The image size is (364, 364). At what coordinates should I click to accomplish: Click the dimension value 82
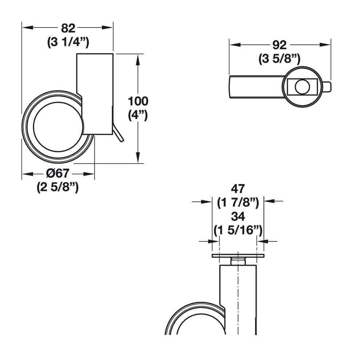coord(68,28)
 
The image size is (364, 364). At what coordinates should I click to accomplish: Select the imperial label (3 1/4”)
coord(68,42)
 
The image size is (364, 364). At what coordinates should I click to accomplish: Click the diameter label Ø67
coord(58,174)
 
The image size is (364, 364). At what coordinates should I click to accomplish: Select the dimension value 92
coord(280,45)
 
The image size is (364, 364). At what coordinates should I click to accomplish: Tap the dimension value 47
coord(238,189)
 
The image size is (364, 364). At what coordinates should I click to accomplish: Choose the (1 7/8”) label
coord(238,202)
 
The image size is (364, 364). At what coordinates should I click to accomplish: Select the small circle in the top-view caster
coord(301,87)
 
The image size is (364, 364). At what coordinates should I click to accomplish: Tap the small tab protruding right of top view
coord(327,87)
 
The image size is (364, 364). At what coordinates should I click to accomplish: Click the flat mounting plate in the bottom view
coord(238,256)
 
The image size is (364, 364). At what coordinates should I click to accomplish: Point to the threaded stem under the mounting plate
coord(238,261)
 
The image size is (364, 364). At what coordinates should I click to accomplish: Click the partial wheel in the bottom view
coord(186,320)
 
